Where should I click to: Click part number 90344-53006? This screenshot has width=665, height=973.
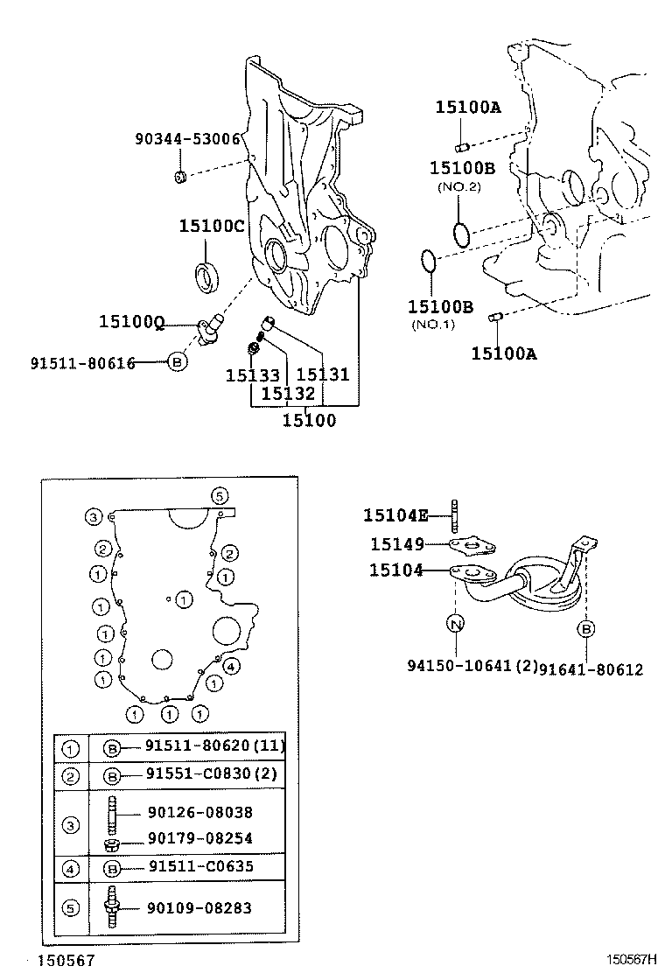tap(187, 139)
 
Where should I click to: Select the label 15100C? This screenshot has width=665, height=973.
tap(212, 226)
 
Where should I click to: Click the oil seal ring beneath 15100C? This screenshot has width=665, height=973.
tap(208, 274)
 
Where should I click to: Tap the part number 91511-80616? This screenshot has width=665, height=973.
tap(82, 362)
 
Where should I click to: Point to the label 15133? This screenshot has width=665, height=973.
tap(252, 375)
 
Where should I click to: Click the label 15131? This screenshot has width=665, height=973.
tap(323, 375)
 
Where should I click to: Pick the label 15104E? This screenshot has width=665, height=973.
tap(395, 516)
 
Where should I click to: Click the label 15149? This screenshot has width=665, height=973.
tap(395, 544)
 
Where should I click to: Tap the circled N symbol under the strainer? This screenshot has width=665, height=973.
tap(456, 624)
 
